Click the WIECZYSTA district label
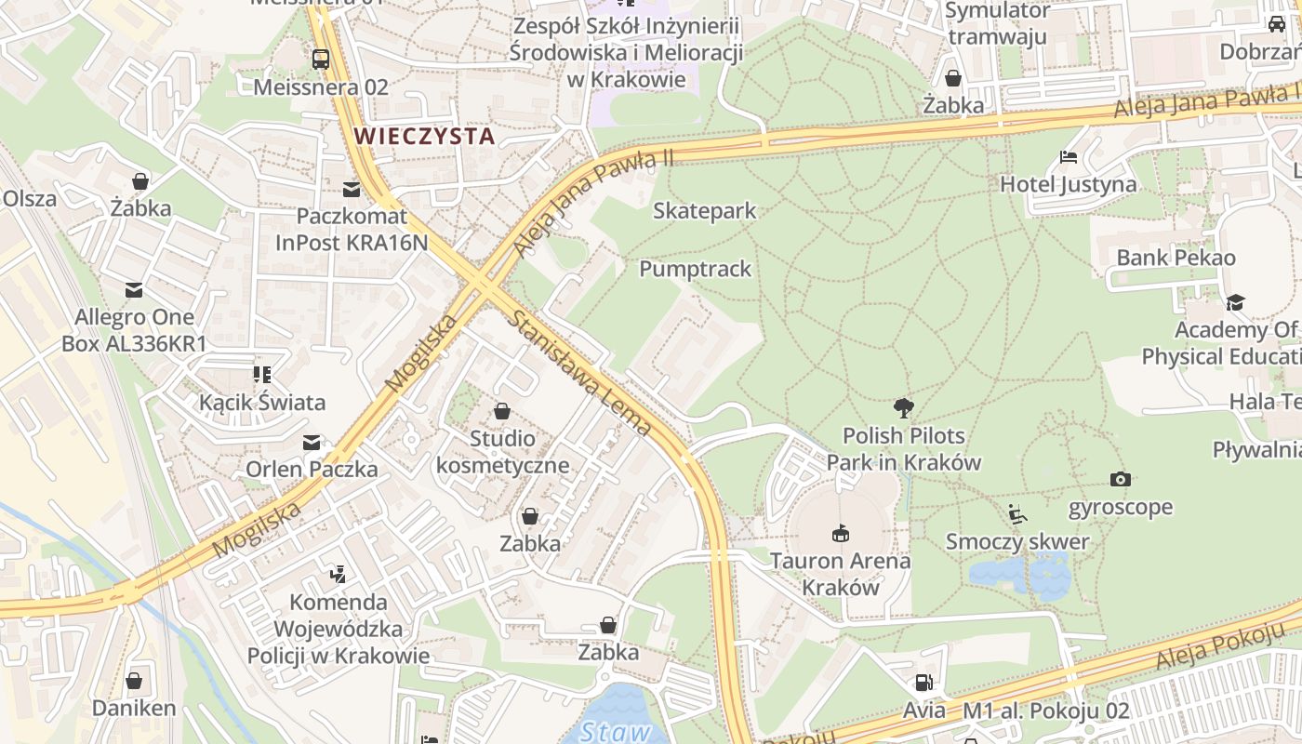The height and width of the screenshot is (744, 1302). coord(424,136)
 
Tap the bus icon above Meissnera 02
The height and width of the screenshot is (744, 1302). coord(321,60)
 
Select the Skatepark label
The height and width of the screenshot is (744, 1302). coord(704,211)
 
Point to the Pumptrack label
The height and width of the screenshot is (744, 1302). coord(695,269)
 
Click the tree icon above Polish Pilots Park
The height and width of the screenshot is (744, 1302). coord(902,406)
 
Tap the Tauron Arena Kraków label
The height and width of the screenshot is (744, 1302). coord(840,574)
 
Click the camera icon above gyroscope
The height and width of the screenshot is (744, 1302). coord(1120,479)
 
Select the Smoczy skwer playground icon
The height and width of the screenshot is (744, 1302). coord(1017,513)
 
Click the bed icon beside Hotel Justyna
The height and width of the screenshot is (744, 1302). coord(1068,156)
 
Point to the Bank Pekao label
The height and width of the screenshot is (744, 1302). coord(1176,258)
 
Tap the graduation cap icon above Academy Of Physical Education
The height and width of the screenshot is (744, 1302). coord(1235,302)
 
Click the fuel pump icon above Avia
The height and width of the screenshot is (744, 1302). coord(923,683)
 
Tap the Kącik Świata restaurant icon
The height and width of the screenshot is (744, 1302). coord(262,375)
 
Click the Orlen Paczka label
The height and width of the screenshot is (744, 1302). coord(312,469)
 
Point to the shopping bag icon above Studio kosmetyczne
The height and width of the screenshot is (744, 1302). coord(502,410)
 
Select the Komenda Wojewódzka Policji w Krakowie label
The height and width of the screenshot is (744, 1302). coord(339,629)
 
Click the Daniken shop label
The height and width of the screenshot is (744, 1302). coord(133,708)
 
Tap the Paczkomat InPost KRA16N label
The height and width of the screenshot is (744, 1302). coord(352,230)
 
